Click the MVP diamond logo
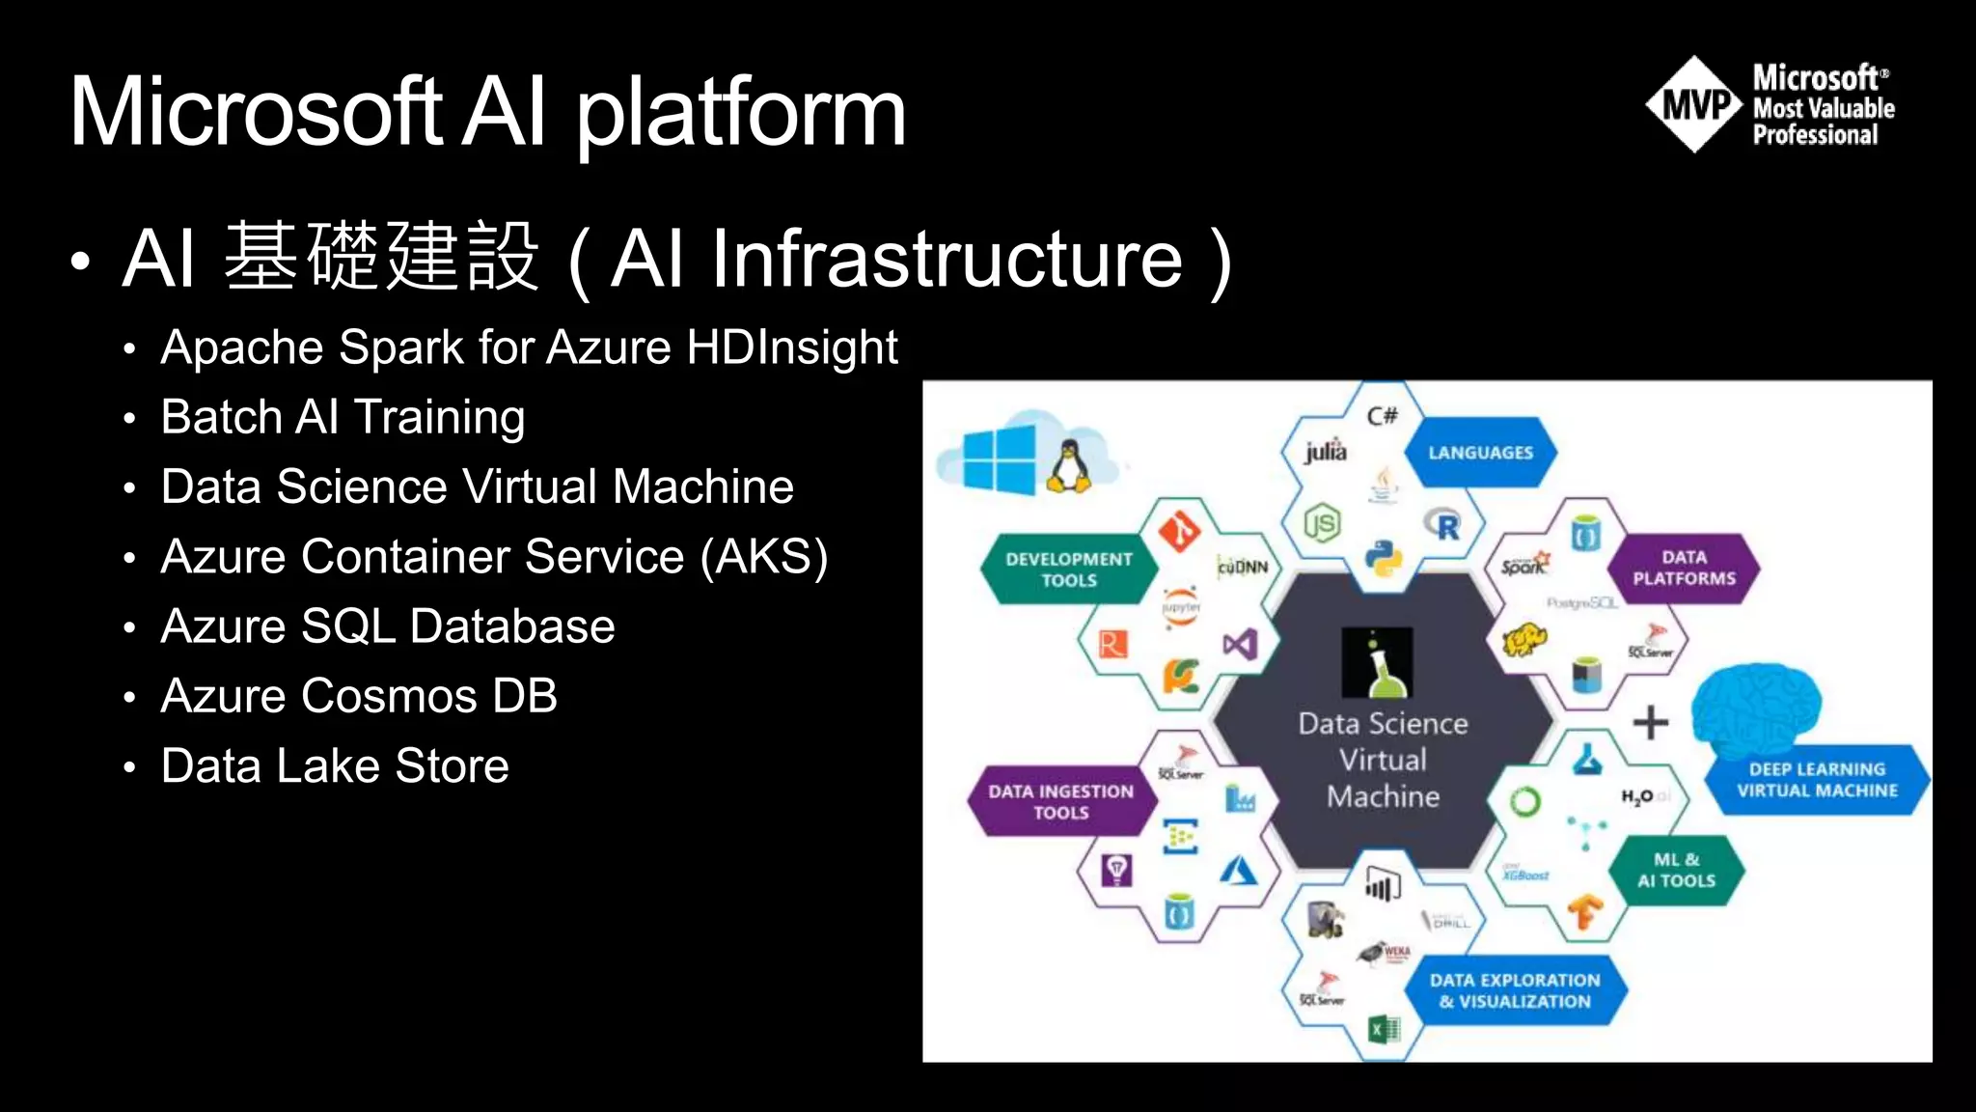[1693, 104]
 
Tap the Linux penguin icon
[1068, 466]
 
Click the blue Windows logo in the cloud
[1000, 459]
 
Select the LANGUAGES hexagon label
[1480, 453]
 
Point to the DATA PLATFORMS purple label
[1684, 569]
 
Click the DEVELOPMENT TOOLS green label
[1068, 570]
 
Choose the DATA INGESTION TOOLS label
[1060, 801]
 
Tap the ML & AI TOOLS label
[1676, 870]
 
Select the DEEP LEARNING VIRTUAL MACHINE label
[1817, 780]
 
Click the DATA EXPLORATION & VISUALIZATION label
[1515, 990]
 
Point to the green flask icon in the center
[1378, 663]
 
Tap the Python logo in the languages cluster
[1383, 559]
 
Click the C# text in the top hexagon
[1382, 416]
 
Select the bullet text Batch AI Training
[343, 418]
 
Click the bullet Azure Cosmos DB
[359, 696]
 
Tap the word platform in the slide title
[740, 114]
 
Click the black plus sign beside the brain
[1650, 722]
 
